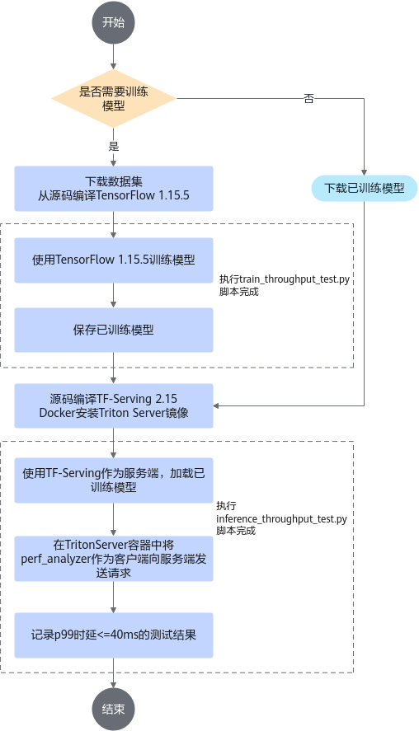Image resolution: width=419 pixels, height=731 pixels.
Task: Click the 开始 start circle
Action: pyautogui.click(x=113, y=22)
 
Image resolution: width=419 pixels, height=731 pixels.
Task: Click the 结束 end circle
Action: pyautogui.click(x=113, y=709)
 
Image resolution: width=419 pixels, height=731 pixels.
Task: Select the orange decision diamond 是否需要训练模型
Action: pyautogui.click(x=113, y=98)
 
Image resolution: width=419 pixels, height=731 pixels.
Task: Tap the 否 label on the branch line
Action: pyautogui.click(x=308, y=98)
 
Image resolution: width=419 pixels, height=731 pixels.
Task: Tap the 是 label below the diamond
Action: pyautogui.click(x=113, y=147)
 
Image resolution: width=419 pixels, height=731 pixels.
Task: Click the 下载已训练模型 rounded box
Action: pyautogui.click(x=365, y=189)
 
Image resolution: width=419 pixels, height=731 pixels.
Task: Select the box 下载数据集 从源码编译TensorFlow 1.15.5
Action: pyautogui.click(x=113, y=189)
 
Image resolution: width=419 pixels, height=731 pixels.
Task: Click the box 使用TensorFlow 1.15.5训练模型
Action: pyautogui.click(x=113, y=260)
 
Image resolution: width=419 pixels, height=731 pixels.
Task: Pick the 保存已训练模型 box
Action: pyautogui.click(x=113, y=330)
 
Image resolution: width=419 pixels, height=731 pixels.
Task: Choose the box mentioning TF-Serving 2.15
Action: pyautogui.click(x=113, y=405)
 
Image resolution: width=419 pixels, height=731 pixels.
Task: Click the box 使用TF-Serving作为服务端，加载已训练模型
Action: pyautogui.click(x=113, y=480)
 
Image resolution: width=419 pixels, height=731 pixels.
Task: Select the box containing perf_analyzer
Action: pyautogui.click(x=113, y=559)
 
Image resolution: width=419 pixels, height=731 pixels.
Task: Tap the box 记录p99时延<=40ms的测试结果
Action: pyautogui.click(x=113, y=635)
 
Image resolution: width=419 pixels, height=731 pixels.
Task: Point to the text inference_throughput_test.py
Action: pyautogui.click(x=282, y=519)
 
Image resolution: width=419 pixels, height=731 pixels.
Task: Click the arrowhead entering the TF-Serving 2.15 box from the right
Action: pyautogui.click(x=216, y=405)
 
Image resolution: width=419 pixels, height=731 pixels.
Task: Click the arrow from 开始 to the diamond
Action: pyautogui.click(x=113, y=57)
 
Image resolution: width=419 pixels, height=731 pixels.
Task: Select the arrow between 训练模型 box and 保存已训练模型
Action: pyautogui.click(x=113, y=295)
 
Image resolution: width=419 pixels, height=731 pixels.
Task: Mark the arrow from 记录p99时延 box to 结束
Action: pyautogui.click(x=113, y=672)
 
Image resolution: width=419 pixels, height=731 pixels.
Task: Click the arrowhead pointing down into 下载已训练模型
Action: pyautogui.click(x=365, y=172)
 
